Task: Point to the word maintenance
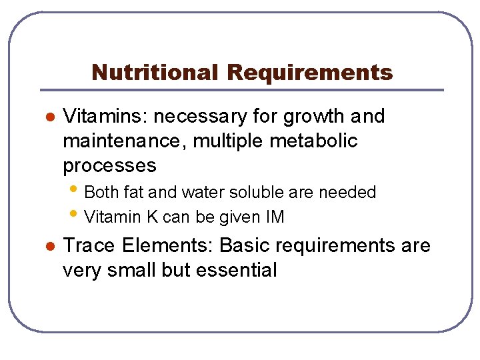click(x=125, y=141)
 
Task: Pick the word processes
click(x=109, y=166)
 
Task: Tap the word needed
click(x=347, y=193)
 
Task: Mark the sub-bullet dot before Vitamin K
click(x=79, y=215)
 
